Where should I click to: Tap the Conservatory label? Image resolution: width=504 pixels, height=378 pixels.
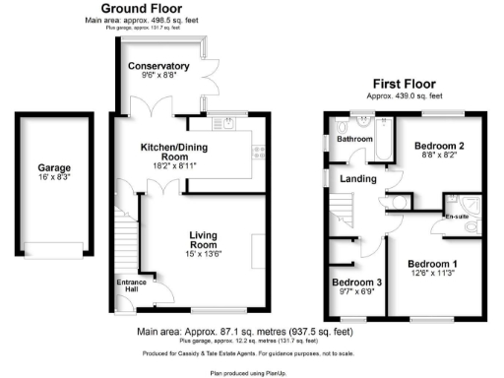click(x=157, y=67)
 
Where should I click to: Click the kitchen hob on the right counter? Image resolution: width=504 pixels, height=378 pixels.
click(x=260, y=151)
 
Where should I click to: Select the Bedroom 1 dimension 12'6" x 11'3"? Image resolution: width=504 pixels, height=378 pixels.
click(x=433, y=275)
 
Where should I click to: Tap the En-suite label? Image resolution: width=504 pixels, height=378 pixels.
click(x=457, y=216)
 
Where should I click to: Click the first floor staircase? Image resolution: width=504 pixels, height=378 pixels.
click(x=342, y=210)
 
